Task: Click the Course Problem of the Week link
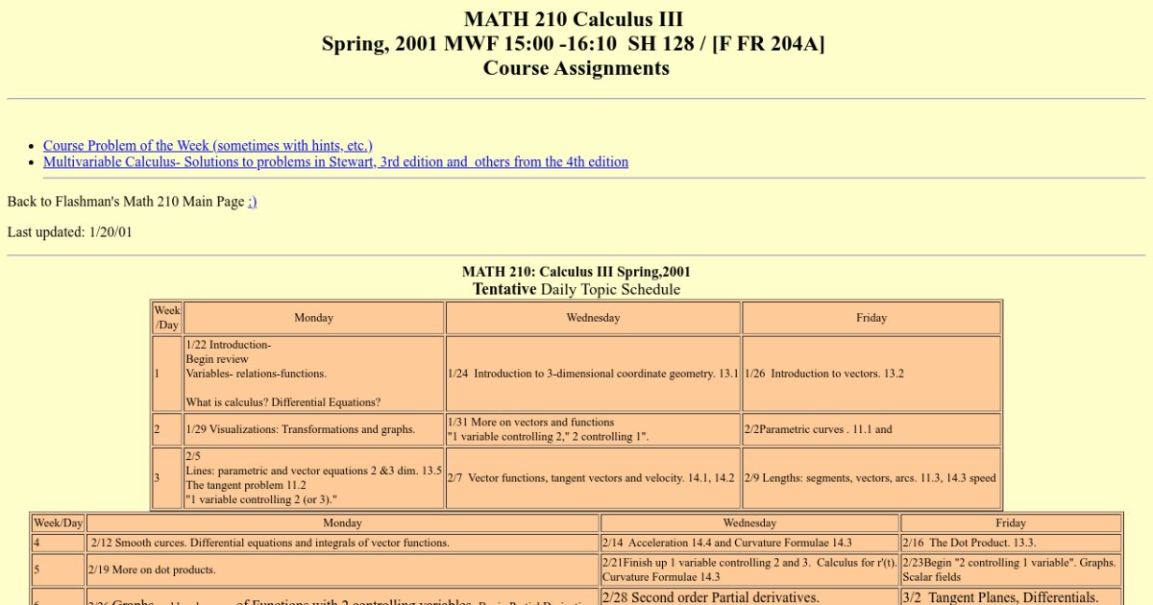[x=208, y=146]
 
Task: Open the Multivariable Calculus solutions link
[x=335, y=162]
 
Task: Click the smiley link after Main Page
[x=252, y=202]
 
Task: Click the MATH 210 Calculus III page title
[x=574, y=19]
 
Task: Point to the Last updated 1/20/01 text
[x=70, y=231]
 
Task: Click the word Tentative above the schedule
[x=503, y=289]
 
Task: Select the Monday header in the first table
[x=313, y=318]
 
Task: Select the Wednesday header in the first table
[x=593, y=318]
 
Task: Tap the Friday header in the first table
[x=871, y=318]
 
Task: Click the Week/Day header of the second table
[x=58, y=523]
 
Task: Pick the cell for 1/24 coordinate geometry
[x=593, y=374]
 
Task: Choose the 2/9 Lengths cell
[x=871, y=477]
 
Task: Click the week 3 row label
[x=166, y=477]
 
